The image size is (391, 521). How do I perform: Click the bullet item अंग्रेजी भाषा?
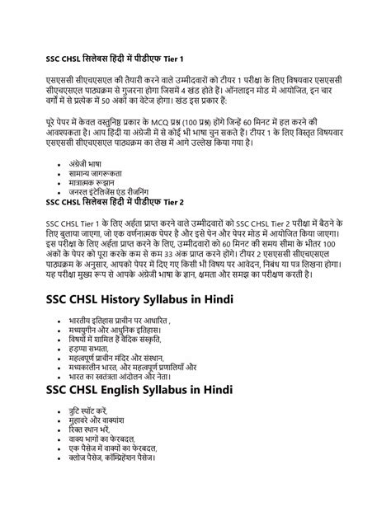point(88,163)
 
